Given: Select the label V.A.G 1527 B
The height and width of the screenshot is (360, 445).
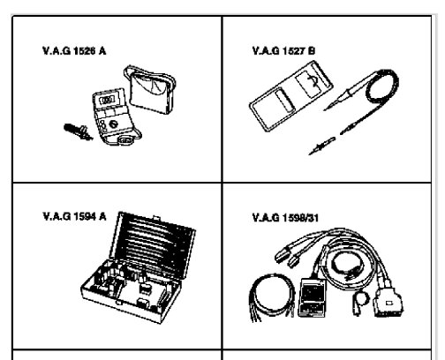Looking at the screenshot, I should tap(280, 52).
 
